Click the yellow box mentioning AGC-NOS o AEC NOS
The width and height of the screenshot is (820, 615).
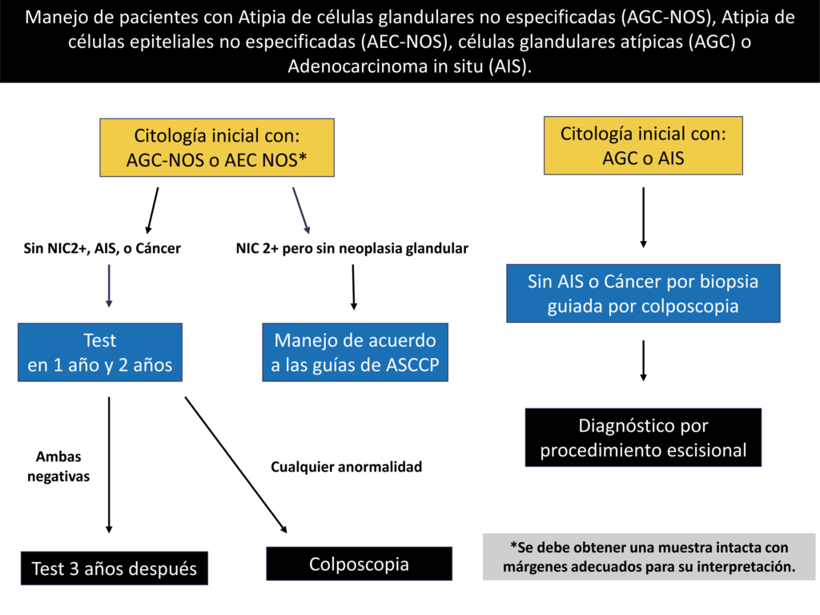tap(217, 147)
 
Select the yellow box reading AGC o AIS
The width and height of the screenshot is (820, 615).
tap(643, 146)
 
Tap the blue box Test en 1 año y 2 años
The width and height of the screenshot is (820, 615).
tap(100, 352)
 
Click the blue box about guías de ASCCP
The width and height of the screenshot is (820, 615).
tap(355, 352)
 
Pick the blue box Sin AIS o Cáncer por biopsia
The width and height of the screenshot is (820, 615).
tap(643, 293)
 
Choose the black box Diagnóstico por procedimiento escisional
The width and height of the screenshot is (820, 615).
tap(643, 438)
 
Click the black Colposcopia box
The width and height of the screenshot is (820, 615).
tap(360, 564)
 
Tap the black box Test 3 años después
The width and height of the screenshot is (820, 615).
tap(115, 568)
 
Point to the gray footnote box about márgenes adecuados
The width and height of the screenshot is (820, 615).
tap(649, 557)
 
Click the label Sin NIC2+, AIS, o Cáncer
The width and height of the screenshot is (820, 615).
tap(102, 248)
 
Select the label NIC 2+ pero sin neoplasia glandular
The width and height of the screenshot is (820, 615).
tap(352, 248)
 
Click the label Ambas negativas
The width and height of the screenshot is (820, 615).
tap(58, 467)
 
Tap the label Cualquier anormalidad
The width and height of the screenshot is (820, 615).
tap(346, 467)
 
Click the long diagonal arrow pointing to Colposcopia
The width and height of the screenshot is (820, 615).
tap(236, 465)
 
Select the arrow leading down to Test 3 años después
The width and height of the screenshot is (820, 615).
tap(109, 465)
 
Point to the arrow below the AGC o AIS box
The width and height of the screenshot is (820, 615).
tap(643, 218)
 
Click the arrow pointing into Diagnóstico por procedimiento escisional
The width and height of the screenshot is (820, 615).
tap(643, 361)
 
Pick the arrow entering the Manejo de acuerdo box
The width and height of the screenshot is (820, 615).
tap(353, 287)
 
